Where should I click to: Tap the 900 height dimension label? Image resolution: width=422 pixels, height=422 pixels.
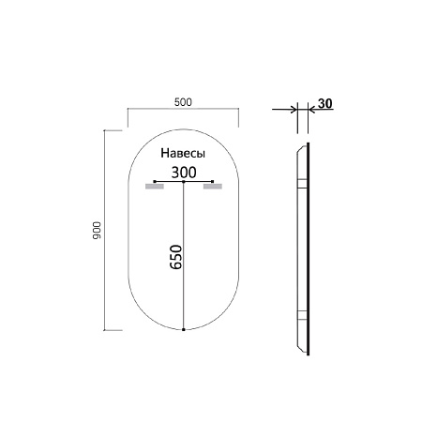click(x=97, y=232)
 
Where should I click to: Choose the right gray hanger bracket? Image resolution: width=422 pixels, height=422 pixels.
click(x=214, y=187)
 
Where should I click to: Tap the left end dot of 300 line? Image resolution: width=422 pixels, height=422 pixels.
click(x=154, y=180)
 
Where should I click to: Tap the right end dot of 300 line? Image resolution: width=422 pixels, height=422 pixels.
click(x=214, y=180)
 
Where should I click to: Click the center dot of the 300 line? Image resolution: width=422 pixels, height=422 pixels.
click(x=184, y=180)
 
